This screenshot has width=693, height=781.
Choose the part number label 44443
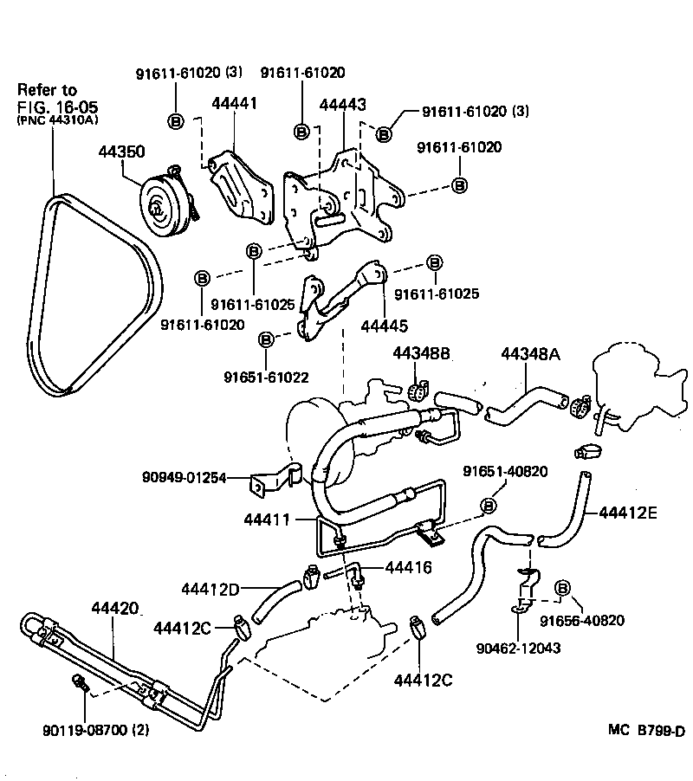[342, 104]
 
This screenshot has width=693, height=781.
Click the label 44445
[384, 326]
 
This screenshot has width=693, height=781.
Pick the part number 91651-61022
[266, 378]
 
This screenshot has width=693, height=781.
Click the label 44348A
[530, 353]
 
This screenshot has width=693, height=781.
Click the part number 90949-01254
[184, 477]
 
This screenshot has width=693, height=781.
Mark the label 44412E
[627, 513]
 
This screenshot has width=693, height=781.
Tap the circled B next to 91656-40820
[560, 588]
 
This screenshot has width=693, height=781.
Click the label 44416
[407, 568]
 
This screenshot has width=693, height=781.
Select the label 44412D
[210, 590]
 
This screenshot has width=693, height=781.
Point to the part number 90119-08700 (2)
[95, 730]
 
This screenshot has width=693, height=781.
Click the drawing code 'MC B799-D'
[645, 731]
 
